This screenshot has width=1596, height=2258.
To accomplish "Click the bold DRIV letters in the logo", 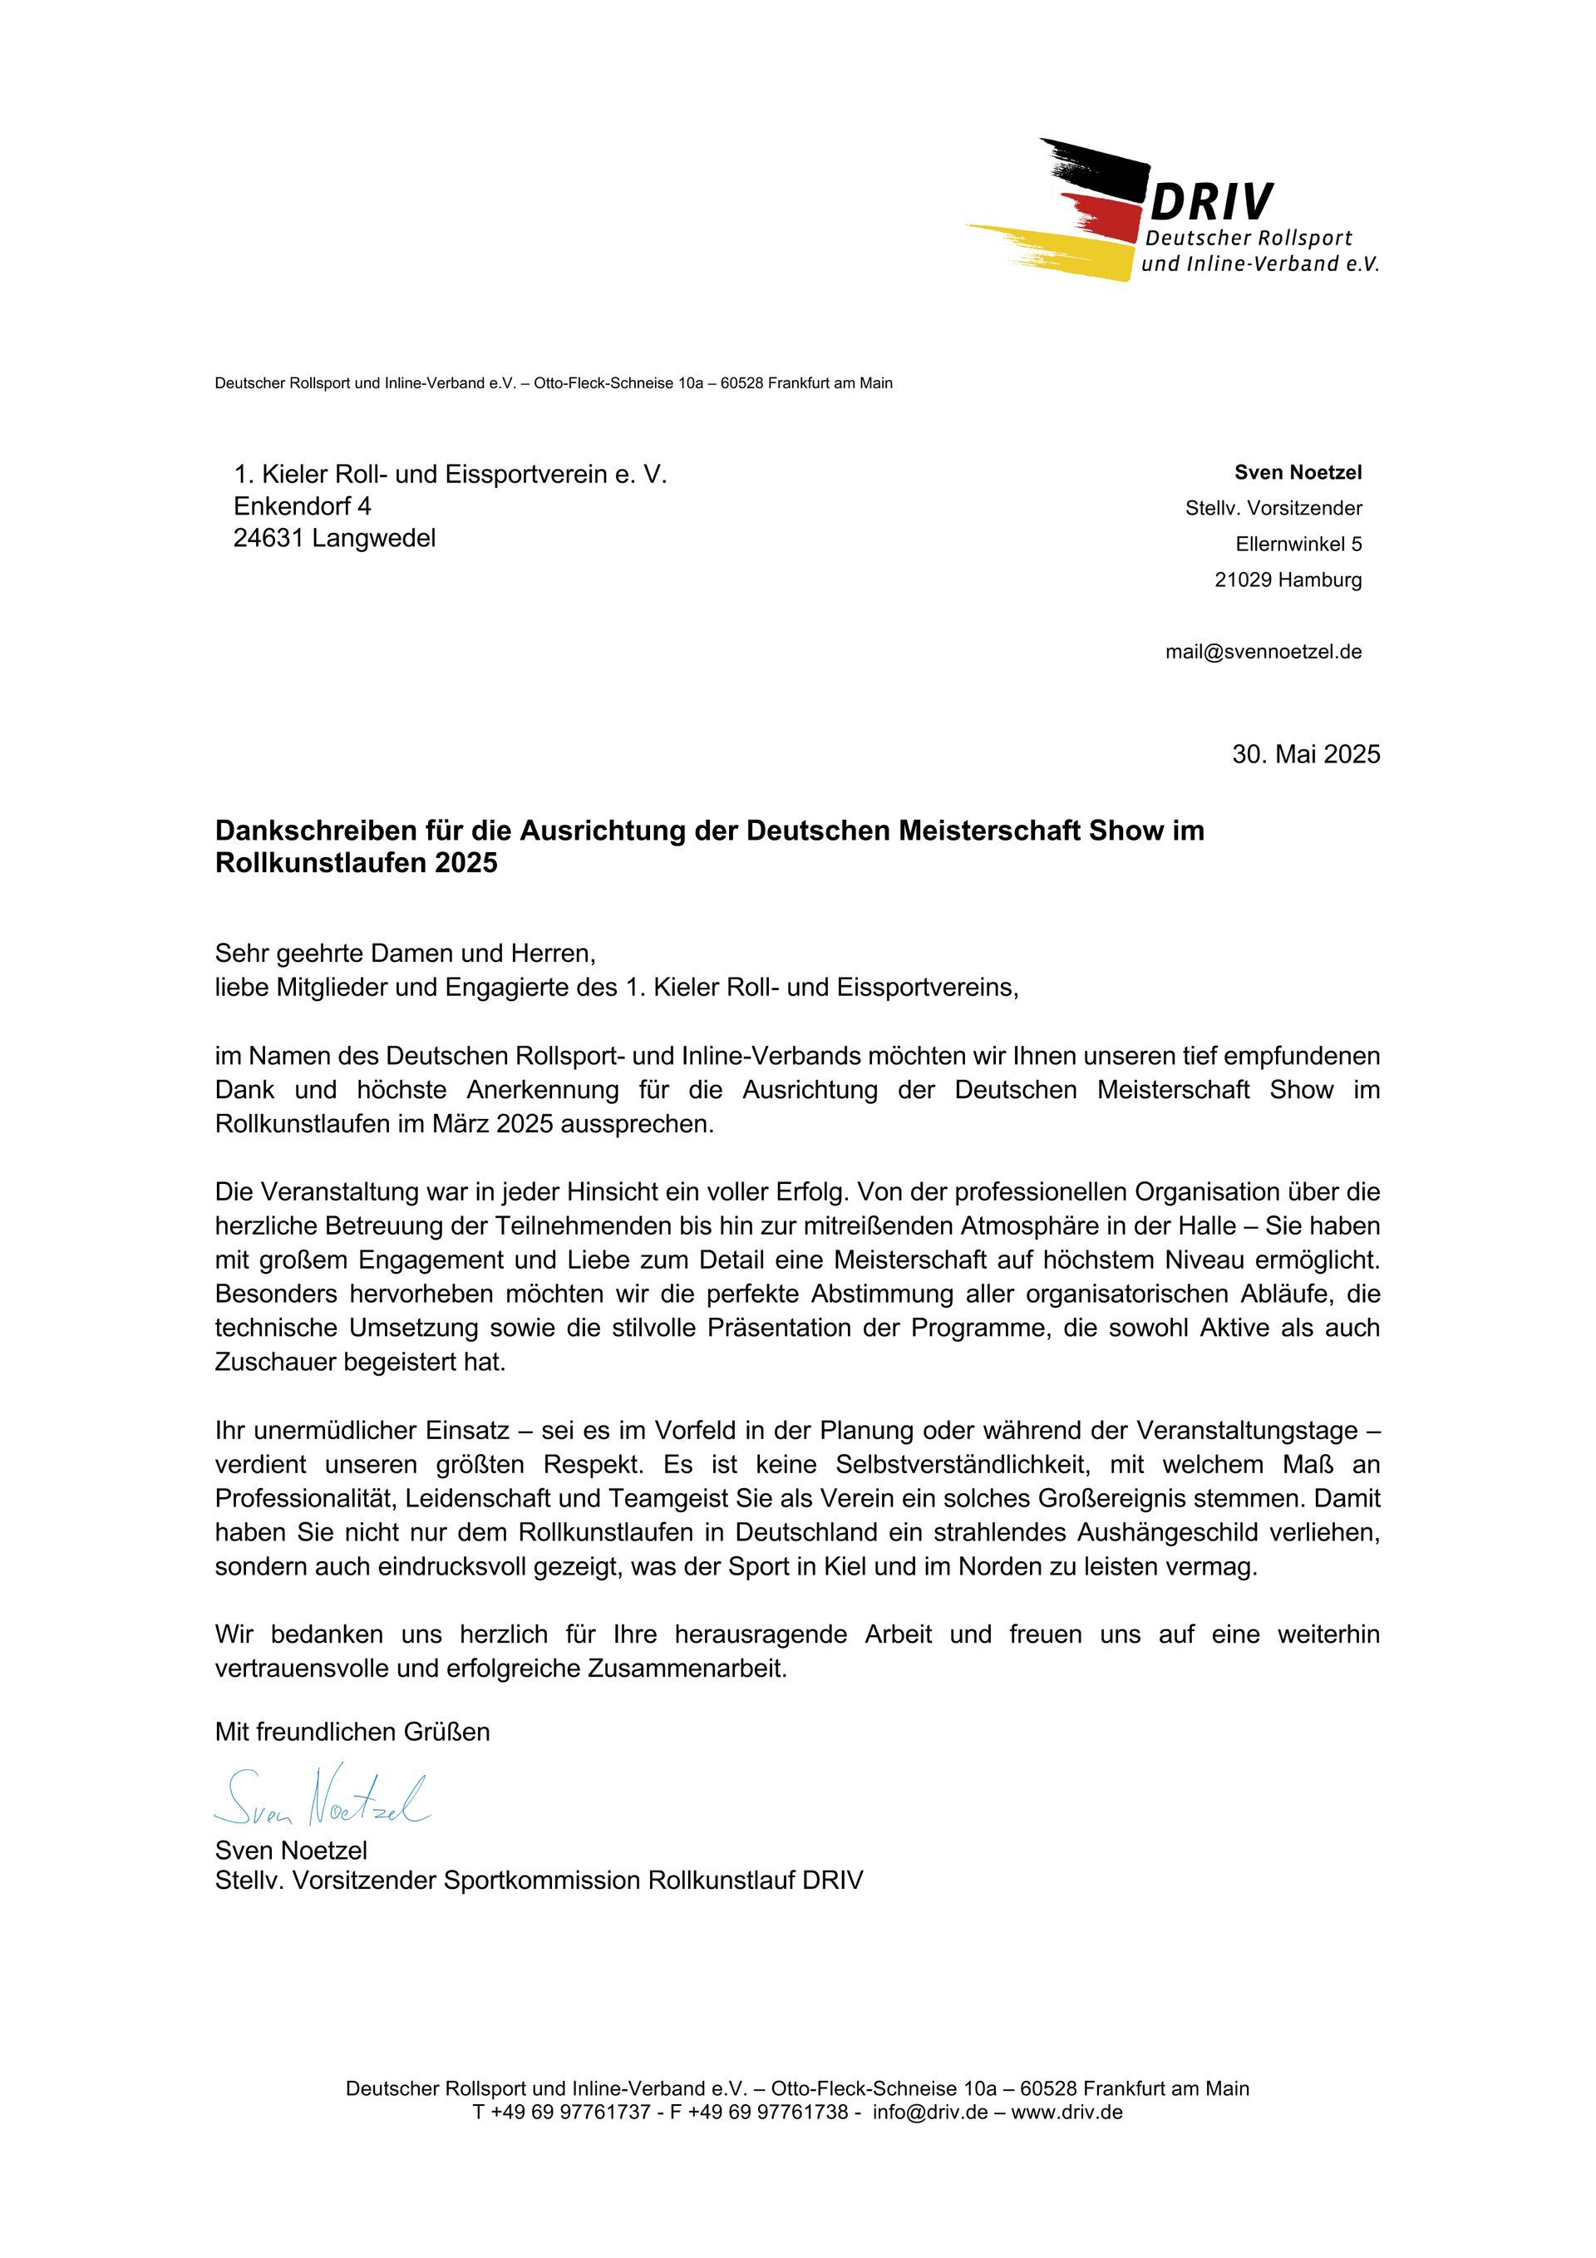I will coord(1210,203).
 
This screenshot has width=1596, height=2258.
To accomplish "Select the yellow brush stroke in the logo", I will coord(1062,252).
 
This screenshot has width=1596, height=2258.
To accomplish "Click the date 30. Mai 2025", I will coord(1305,754).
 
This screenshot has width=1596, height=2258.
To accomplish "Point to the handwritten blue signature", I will coord(323,1799).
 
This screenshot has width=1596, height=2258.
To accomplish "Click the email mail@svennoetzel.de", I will coord(1263,651).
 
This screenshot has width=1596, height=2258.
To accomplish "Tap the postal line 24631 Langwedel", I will coord(334,538).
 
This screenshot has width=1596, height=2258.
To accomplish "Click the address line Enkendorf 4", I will coord(302,506).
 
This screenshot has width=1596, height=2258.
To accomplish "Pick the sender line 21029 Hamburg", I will coord(1288,579).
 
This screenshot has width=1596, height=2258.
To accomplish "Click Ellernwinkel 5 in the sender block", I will coord(1298,544).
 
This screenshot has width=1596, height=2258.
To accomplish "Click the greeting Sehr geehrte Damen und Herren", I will coord(405,953).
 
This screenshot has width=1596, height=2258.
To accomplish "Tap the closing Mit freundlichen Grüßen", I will coord(352,1732).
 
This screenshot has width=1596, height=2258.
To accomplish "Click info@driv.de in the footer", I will coord(929,2112).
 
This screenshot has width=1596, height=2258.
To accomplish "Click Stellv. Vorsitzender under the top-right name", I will coord(1273,509).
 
